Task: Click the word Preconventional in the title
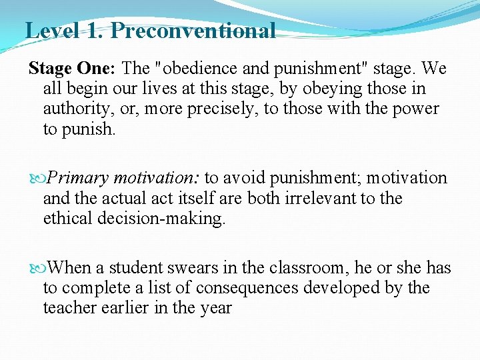click(x=193, y=30)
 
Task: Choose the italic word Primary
click(x=79, y=179)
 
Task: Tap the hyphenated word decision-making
click(x=169, y=219)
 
